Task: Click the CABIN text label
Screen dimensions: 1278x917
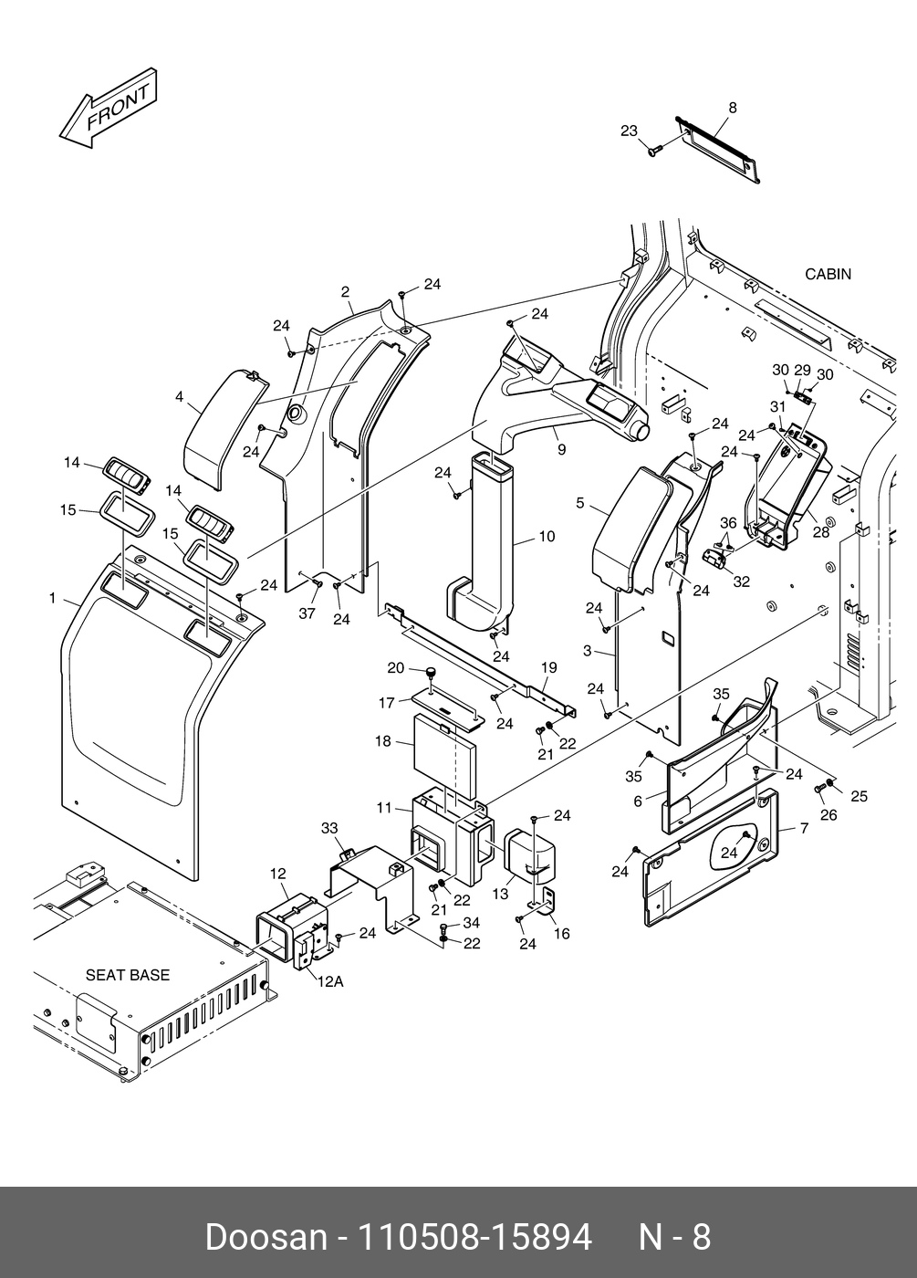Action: [x=828, y=274]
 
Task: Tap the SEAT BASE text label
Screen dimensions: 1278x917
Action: [x=128, y=975]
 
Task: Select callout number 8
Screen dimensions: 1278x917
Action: [x=732, y=108]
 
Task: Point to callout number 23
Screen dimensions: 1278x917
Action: [x=630, y=131]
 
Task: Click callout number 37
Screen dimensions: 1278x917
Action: [x=307, y=613]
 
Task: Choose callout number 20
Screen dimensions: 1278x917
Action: [x=395, y=668]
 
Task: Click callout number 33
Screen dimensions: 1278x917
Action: [x=329, y=828]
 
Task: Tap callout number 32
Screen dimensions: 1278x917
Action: [x=741, y=581]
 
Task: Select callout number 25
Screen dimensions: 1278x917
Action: [x=859, y=797]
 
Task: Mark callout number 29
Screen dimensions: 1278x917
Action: [x=802, y=370]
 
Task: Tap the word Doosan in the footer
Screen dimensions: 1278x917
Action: [x=266, y=1237]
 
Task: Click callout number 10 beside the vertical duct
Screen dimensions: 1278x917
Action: [x=547, y=537]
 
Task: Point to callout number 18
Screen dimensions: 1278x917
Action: [x=383, y=741]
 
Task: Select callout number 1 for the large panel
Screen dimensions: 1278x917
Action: [x=53, y=599]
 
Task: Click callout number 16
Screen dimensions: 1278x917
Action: [x=562, y=934]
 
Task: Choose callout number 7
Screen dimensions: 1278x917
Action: [x=804, y=829]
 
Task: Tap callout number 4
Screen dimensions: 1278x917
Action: [x=180, y=397]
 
